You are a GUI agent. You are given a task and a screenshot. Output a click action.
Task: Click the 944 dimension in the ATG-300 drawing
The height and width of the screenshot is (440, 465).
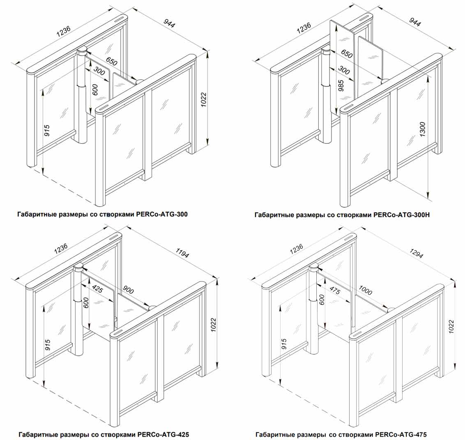click(169, 24)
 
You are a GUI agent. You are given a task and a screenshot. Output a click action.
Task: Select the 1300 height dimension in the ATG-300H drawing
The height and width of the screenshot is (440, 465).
click(423, 130)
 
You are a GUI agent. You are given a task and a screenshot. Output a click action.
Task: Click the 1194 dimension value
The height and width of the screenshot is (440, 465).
click(182, 253)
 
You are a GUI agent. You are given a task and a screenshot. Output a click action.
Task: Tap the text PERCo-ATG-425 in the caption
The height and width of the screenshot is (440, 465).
click(163, 434)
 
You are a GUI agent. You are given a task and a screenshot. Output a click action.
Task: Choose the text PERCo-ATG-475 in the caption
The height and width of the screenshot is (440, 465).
click(401, 434)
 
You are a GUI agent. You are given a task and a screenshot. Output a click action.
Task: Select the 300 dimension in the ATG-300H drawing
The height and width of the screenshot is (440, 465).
click(345, 70)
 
